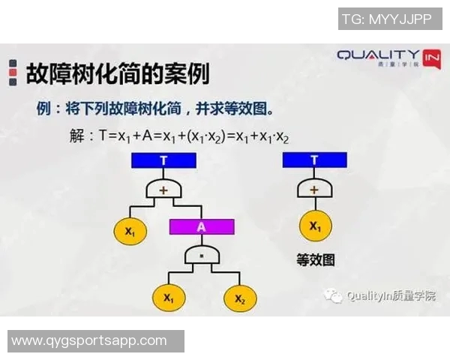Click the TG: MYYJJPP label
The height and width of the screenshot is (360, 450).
(x=385, y=18)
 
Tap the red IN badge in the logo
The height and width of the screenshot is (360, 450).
(x=431, y=58)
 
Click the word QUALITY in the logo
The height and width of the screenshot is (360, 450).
(x=377, y=55)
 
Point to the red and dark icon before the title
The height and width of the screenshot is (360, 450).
(x=13, y=73)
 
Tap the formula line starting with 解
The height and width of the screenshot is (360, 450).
(x=178, y=136)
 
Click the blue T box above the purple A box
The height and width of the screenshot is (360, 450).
(x=163, y=160)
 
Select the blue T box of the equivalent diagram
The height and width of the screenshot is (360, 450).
(x=314, y=160)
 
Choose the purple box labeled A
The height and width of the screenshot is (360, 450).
(x=201, y=226)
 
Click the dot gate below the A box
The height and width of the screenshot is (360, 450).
(x=201, y=256)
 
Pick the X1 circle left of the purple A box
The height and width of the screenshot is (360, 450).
(x=130, y=232)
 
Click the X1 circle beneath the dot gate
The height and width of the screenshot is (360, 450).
(x=169, y=298)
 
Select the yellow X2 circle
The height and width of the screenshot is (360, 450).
(x=239, y=298)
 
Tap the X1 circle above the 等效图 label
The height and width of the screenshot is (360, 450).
(x=314, y=226)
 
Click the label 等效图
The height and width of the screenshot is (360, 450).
(x=316, y=260)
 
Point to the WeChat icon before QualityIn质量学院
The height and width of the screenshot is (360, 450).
(x=334, y=295)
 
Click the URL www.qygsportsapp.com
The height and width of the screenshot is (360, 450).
(x=89, y=340)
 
